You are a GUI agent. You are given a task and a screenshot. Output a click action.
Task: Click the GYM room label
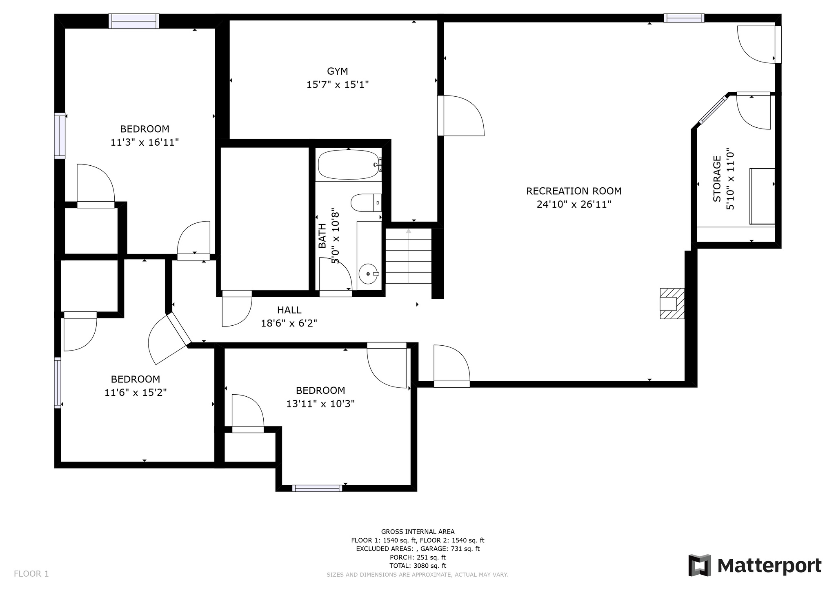coord(338,71)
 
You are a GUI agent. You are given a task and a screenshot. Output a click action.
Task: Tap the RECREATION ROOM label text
coord(574,191)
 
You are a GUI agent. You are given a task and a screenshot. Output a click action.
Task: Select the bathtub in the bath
coord(349,165)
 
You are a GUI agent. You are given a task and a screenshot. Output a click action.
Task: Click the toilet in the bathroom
coord(366,203)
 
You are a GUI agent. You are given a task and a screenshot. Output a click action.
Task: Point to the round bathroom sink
coord(369,274)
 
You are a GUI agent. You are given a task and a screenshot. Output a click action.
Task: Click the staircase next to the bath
coord(409,256)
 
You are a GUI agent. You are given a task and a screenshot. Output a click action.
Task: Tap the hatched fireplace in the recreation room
coord(672,304)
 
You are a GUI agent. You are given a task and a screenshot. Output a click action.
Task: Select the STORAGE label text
coord(717,179)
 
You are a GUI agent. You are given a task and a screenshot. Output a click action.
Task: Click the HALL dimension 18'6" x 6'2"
coord(289,323)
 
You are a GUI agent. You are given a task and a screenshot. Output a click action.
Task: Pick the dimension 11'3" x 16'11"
coord(145,142)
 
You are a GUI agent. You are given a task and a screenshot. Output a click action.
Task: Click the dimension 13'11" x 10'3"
coord(320,404)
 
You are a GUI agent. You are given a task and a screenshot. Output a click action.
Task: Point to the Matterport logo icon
coord(700,565)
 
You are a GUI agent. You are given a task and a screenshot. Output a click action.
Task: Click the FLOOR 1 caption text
coord(31,574)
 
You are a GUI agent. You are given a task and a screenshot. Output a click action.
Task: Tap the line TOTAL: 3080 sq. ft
coord(418,566)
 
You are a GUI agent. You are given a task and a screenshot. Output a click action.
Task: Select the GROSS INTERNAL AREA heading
coord(418,531)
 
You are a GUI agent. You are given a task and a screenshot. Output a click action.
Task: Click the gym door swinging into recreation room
coord(460,116)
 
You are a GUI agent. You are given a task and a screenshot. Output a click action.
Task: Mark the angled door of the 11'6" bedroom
coord(169,338)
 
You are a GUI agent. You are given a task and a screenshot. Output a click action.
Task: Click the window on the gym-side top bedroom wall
coord(134,21)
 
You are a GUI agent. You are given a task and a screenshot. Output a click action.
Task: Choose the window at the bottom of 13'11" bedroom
coord(317,488)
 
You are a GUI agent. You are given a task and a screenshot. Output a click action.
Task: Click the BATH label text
coord(322,236)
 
